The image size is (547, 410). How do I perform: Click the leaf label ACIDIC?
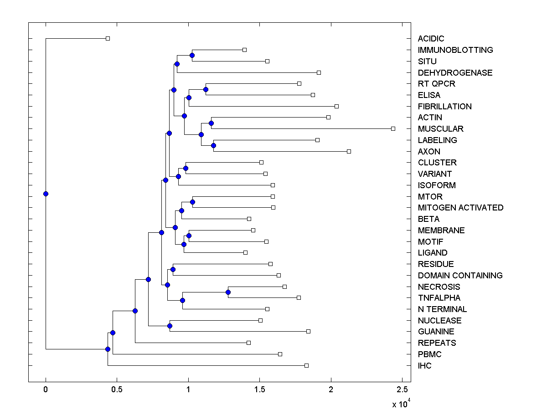click(431, 39)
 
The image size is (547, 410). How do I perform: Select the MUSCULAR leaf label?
click(440, 129)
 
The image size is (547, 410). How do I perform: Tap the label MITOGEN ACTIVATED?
click(460, 208)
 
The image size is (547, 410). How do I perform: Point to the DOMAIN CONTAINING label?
click(460, 275)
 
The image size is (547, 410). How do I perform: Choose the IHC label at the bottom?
click(424, 365)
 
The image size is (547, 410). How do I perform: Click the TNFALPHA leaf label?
click(439, 298)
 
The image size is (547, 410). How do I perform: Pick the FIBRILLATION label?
click(444, 106)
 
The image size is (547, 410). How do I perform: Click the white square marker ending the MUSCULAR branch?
click(393, 129)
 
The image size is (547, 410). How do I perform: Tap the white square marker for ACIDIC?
click(108, 39)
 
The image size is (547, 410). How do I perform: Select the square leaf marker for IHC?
click(306, 365)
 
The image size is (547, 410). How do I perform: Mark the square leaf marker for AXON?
click(349, 151)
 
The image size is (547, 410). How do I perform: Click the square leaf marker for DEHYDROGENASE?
click(319, 72)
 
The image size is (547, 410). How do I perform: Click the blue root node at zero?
click(46, 194)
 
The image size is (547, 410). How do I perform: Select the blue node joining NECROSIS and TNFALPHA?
click(228, 292)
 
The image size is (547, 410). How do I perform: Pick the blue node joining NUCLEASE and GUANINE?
click(170, 326)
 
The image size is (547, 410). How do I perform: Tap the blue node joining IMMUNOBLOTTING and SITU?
click(192, 55)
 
